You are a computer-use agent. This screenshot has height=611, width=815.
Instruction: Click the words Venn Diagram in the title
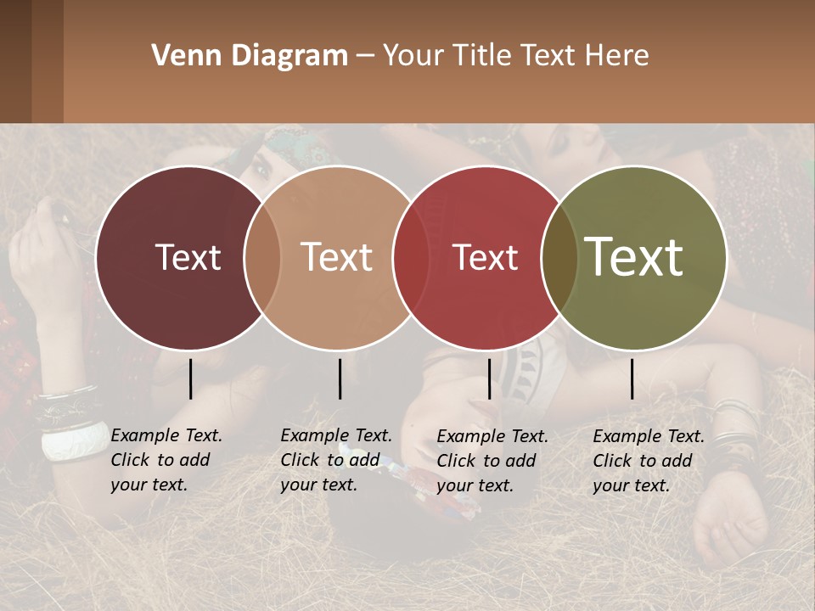250,56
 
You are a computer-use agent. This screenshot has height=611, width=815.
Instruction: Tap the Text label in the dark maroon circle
188,257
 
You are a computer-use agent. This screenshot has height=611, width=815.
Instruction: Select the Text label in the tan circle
336,257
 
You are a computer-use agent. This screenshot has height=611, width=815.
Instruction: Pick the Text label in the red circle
485,257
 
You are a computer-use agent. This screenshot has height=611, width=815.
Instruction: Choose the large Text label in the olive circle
633,257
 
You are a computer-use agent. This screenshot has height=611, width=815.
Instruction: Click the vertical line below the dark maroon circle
191,378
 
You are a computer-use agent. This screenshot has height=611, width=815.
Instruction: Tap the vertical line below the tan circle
340,378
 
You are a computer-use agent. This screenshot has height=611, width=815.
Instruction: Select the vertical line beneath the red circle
489,378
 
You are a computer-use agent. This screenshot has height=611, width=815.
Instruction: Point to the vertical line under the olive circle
632,378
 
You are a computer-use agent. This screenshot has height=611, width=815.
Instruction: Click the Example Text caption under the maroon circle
166,460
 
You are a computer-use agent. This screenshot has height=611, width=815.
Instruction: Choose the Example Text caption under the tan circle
335,460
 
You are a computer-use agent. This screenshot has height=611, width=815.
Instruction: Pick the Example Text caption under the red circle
492,461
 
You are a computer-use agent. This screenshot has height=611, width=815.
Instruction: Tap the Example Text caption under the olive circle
648,461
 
